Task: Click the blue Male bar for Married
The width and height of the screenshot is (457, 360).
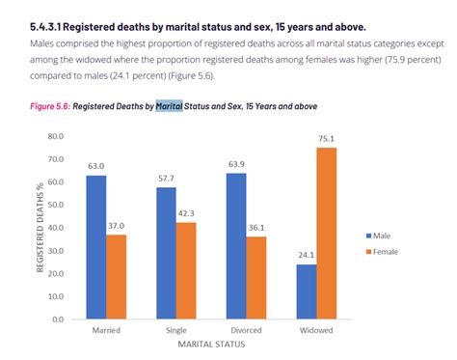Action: [96, 247]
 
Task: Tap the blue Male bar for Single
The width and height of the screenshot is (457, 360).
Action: [166, 253]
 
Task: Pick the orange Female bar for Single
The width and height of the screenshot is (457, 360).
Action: [187, 270]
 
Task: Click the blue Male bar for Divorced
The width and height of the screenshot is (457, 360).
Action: [236, 246]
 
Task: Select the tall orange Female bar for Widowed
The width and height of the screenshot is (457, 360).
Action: [328, 233]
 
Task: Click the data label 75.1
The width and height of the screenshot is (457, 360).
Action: [328, 139]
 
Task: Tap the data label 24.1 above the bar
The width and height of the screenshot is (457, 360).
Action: [307, 256]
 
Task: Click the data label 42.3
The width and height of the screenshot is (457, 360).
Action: [187, 214]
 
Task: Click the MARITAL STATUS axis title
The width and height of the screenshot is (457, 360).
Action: [211, 343]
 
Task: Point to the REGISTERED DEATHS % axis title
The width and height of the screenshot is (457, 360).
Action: [40, 228]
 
